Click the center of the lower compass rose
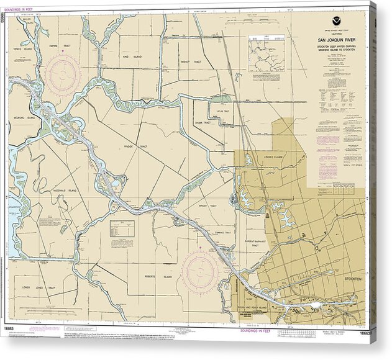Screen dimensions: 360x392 coord(200,272)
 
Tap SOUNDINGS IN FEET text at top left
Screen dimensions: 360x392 coord(22,9)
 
